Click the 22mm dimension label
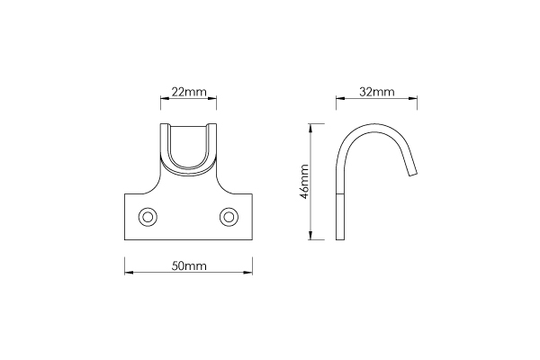point(189,92)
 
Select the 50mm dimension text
point(189,266)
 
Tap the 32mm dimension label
point(377,92)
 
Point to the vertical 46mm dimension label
point(304,182)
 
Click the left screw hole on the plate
point(148,217)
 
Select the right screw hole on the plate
point(229,217)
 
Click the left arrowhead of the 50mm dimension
point(129,273)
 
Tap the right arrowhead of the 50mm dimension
point(248,273)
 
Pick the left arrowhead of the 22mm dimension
point(165,98)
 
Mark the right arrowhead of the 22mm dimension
point(211,98)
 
